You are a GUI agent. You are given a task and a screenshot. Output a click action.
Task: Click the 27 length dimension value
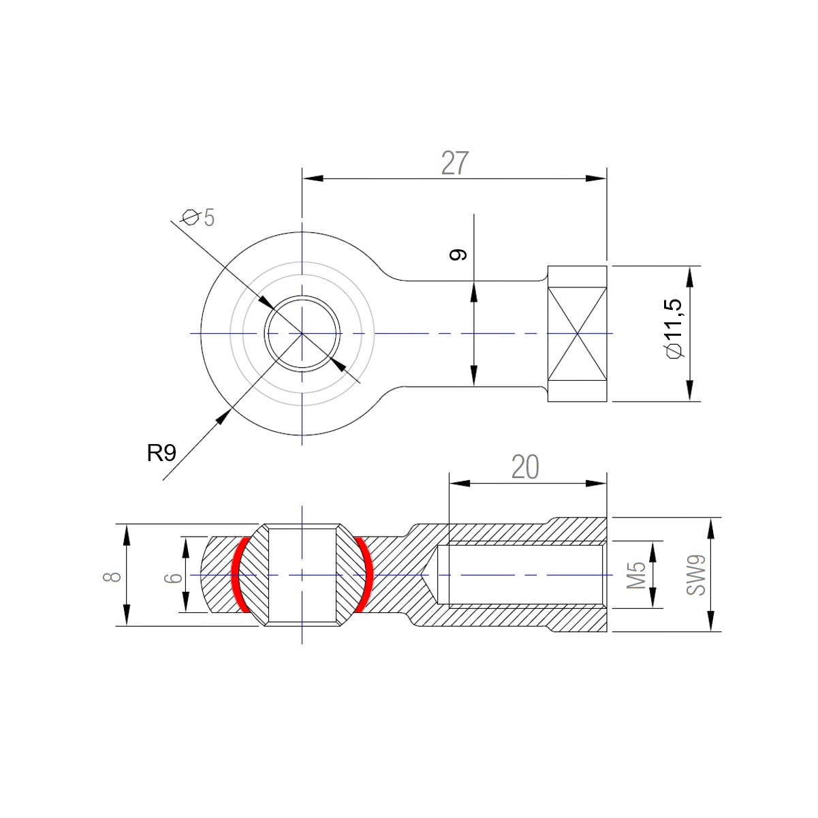tap(454, 163)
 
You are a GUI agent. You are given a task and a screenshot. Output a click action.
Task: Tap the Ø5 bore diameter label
tap(198, 218)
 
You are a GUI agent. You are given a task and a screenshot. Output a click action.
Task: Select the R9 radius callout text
tap(161, 453)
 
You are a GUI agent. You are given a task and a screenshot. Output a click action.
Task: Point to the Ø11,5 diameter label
tap(674, 328)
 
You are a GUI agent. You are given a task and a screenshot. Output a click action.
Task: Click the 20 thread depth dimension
tap(525, 467)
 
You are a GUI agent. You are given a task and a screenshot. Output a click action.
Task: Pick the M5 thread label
tap(636, 575)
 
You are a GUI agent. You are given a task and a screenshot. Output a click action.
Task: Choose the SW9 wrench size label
tap(696, 575)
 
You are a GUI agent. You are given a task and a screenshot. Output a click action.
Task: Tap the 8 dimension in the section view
tap(112, 577)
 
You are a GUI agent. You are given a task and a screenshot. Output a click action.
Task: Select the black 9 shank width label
tap(458, 254)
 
